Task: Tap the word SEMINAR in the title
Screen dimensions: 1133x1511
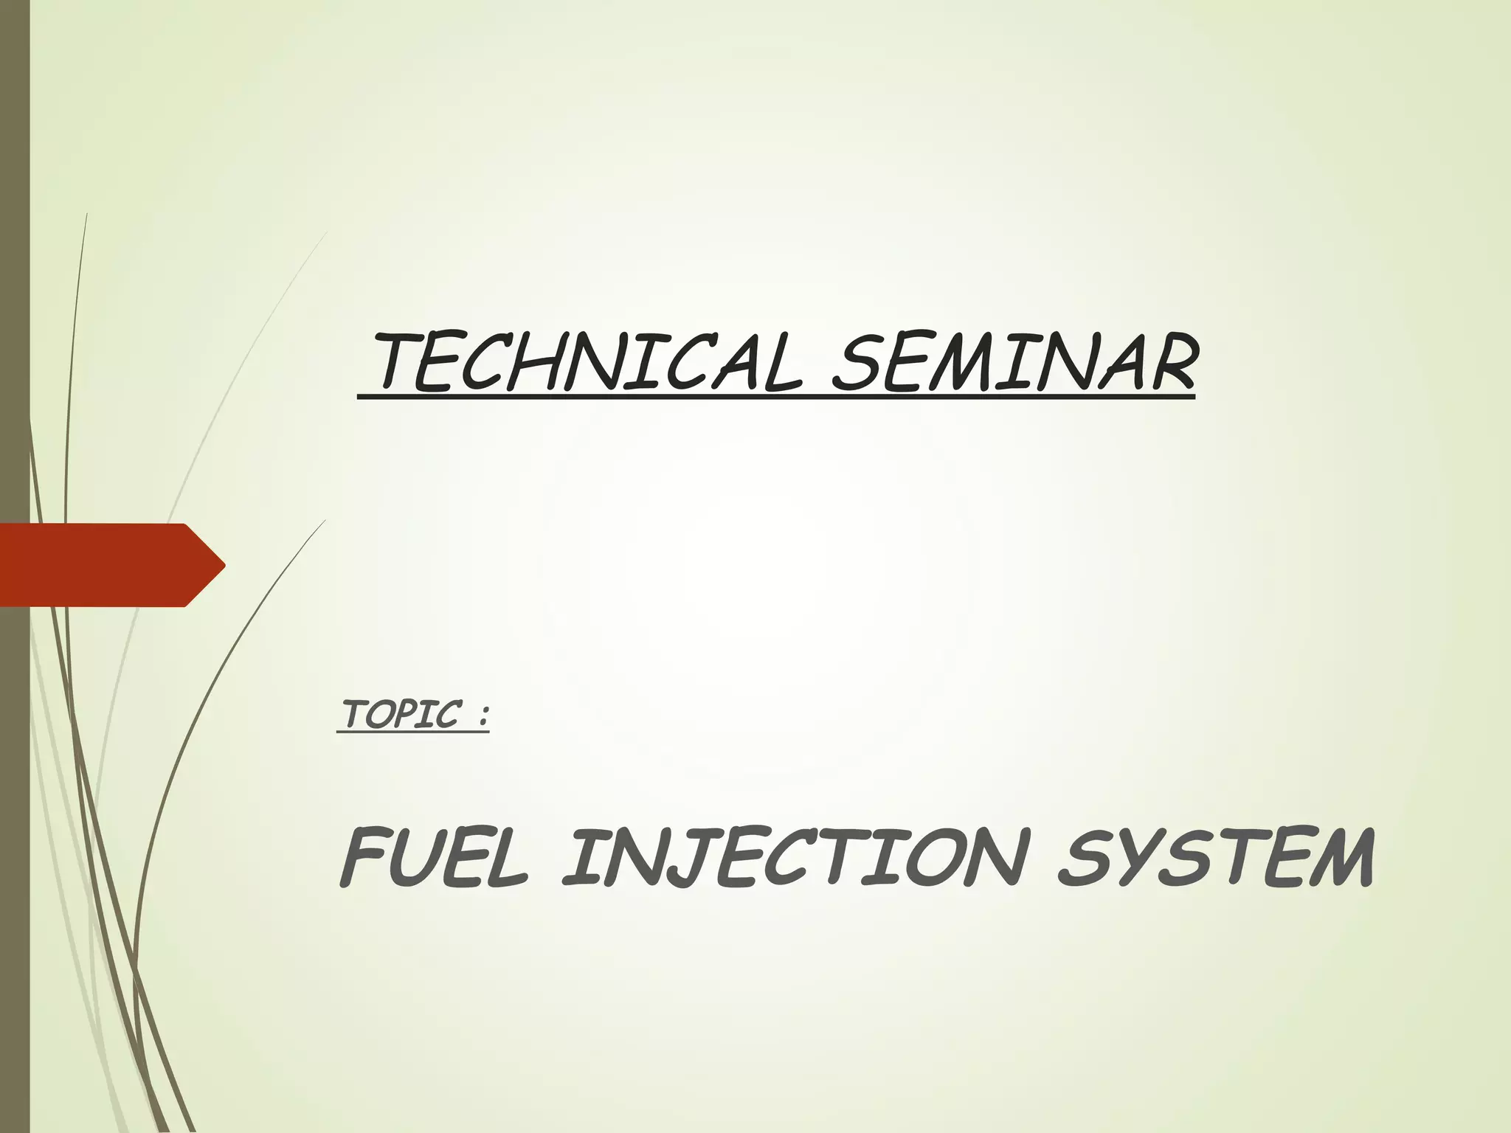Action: tap(1012, 364)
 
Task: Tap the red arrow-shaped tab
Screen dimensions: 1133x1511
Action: tap(103, 565)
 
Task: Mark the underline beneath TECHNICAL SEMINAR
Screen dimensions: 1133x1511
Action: tap(775, 398)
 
